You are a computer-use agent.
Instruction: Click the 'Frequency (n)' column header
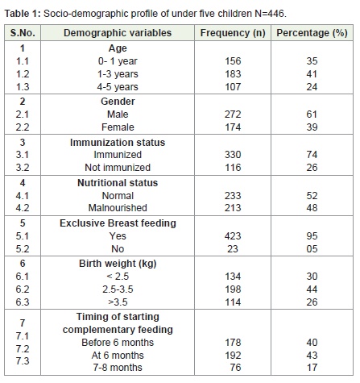click(233, 33)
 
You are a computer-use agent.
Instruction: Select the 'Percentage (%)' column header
click(312, 33)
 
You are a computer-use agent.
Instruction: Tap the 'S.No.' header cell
click(23, 33)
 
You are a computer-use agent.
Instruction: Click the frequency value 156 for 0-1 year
click(233, 61)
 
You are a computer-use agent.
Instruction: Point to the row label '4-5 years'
click(118, 87)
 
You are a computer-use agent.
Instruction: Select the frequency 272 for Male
click(233, 114)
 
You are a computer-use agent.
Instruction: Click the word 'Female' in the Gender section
click(118, 127)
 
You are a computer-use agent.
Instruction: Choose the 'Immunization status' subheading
click(118, 143)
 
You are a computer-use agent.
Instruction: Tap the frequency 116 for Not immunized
click(233, 168)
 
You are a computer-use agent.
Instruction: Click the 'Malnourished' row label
click(118, 208)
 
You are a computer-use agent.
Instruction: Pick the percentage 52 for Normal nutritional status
click(312, 195)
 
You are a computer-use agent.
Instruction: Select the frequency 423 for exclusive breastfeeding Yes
click(233, 236)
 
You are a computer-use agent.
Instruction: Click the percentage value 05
click(312, 249)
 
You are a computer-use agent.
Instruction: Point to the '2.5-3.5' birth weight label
click(118, 289)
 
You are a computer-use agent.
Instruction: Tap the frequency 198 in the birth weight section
click(233, 289)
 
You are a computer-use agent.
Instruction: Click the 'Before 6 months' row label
click(118, 343)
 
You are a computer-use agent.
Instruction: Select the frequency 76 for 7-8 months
click(235, 368)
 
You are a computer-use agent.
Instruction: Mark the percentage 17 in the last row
click(312, 368)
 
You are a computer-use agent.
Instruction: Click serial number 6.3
click(23, 302)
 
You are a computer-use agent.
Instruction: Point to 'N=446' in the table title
click(271, 14)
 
